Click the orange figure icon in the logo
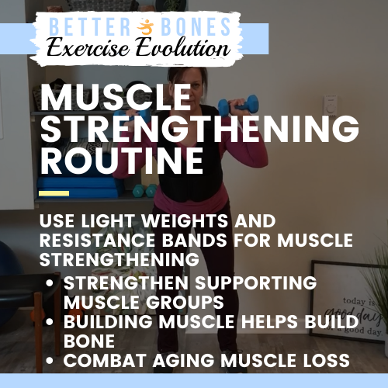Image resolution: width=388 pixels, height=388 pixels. (144, 27)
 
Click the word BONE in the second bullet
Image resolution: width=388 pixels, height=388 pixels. (88, 340)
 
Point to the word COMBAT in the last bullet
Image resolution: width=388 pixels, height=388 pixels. (99, 361)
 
